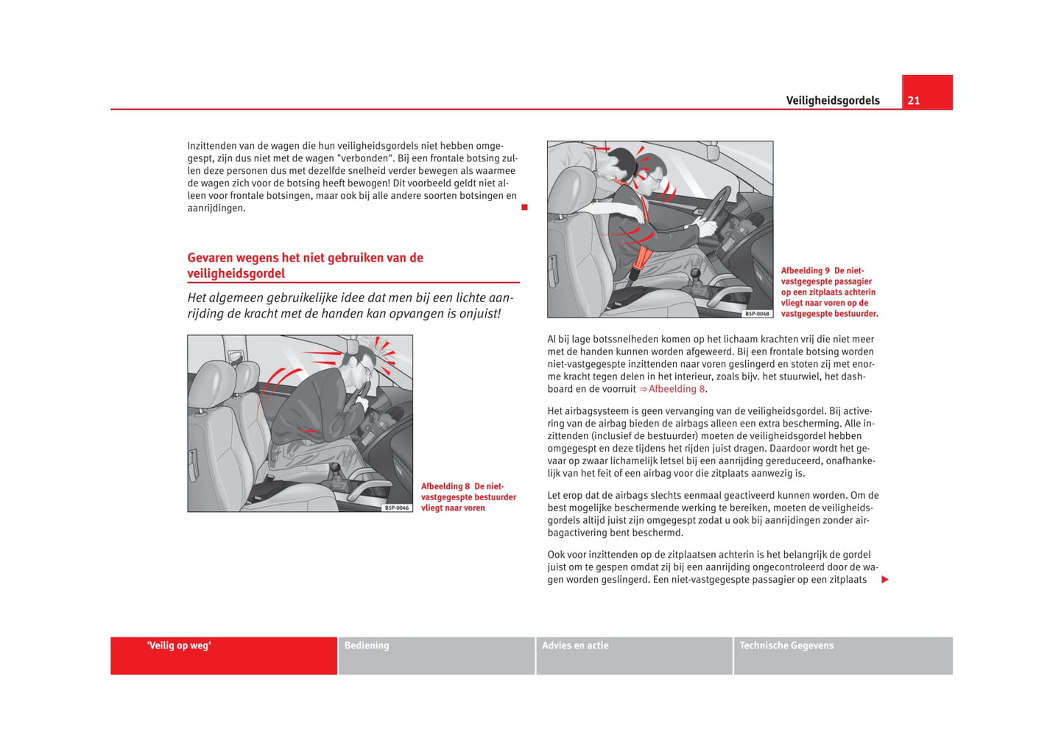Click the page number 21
click(x=913, y=101)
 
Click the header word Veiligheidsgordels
click(x=832, y=101)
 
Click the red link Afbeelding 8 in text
click(x=676, y=389)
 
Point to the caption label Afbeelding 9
click(x=805, y=271)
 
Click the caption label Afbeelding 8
click(x=445, y=487)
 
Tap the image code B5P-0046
click(x=397, y=508)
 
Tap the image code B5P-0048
click(x=757, y=314)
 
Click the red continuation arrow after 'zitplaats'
click(x=885, y=580)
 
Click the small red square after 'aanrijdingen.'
click(x=524, y=208)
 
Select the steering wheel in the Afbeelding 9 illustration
click(x=714, y=207)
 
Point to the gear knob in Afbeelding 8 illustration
click(x=335, y=468)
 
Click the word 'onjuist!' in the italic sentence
click(x=479, y=314)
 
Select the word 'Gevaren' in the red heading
click(x=210, y=258)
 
